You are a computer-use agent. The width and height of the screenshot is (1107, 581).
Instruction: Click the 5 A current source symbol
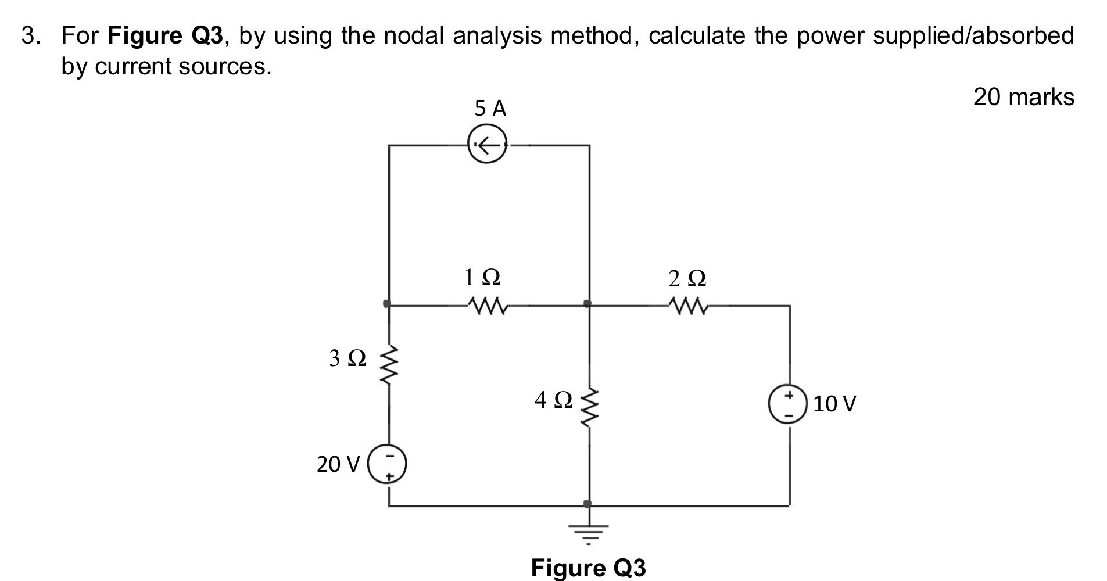point(488,145)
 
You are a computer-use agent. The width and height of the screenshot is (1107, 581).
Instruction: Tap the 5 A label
point(490,109)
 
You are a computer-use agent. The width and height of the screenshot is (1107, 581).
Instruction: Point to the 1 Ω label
point(482,278)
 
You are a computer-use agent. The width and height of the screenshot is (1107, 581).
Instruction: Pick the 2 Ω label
point(687,279)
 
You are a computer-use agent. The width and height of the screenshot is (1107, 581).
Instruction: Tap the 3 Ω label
point(347,358)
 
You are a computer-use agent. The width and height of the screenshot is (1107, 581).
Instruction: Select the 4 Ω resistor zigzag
point(589,407)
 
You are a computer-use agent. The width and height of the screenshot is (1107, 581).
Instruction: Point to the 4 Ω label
point(553,400)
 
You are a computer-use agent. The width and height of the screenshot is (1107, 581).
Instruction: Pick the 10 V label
point(834,404)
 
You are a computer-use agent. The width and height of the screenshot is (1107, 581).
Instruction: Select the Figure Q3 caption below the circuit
point(587,568)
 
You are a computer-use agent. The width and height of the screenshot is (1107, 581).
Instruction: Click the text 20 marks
point(1023,97)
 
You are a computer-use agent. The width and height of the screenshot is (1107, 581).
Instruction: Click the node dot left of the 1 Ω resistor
point(387,303)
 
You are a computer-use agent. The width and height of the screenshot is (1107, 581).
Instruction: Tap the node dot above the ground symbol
point(587,503)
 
